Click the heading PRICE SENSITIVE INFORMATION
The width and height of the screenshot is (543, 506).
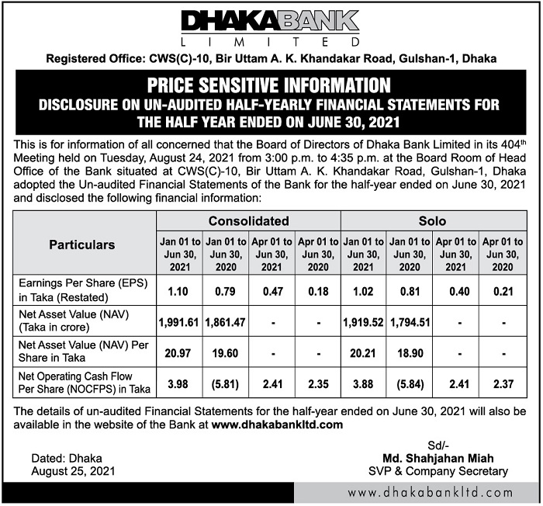coord(271,84)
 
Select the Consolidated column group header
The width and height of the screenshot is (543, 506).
coord(248,221)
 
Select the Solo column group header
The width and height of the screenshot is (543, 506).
coord(433,221)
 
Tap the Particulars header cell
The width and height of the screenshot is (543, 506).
coord(82,244)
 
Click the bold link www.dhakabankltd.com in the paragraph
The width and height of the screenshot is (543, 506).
coord(277,425)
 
